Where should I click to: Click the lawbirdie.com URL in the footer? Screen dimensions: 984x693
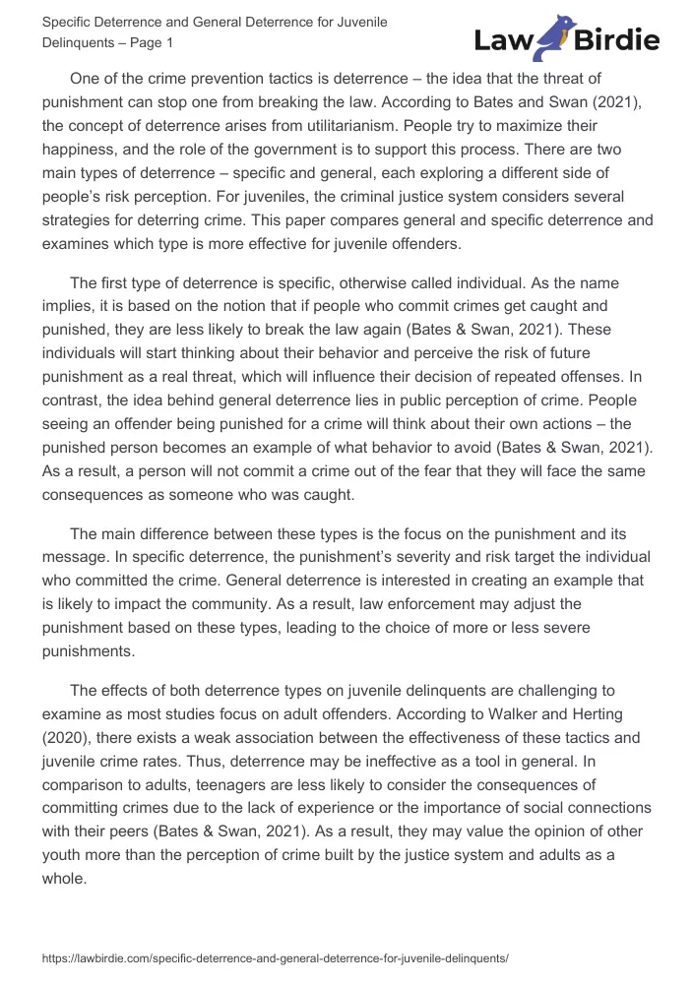tap(275, 956)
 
